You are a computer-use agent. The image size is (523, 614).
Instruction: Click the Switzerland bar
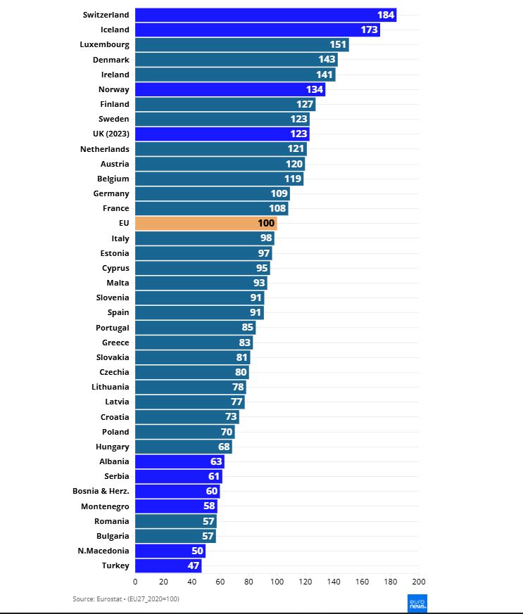(265, 15)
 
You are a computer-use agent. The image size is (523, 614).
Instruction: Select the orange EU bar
(206, 223)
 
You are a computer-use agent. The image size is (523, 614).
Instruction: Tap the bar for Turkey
(168, 565)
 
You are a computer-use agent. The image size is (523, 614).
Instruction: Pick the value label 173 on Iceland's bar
(368, 30)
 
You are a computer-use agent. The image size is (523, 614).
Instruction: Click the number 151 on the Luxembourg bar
(338, 45)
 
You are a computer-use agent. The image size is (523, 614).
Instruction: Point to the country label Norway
(114, 89)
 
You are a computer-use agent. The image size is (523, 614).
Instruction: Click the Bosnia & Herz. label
(101, 491)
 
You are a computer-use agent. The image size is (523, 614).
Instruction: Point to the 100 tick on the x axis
(277, 582)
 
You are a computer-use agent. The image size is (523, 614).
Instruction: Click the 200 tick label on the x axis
(418, 582)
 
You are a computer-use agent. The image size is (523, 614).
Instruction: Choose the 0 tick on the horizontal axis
(135, 582)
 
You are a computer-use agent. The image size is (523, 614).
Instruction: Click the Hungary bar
(183, 447)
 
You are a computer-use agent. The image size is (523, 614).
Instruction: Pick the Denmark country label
(111, 60)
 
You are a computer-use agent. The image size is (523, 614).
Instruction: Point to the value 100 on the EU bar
(266, 223)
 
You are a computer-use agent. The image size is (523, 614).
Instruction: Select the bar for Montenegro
(176, 506)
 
